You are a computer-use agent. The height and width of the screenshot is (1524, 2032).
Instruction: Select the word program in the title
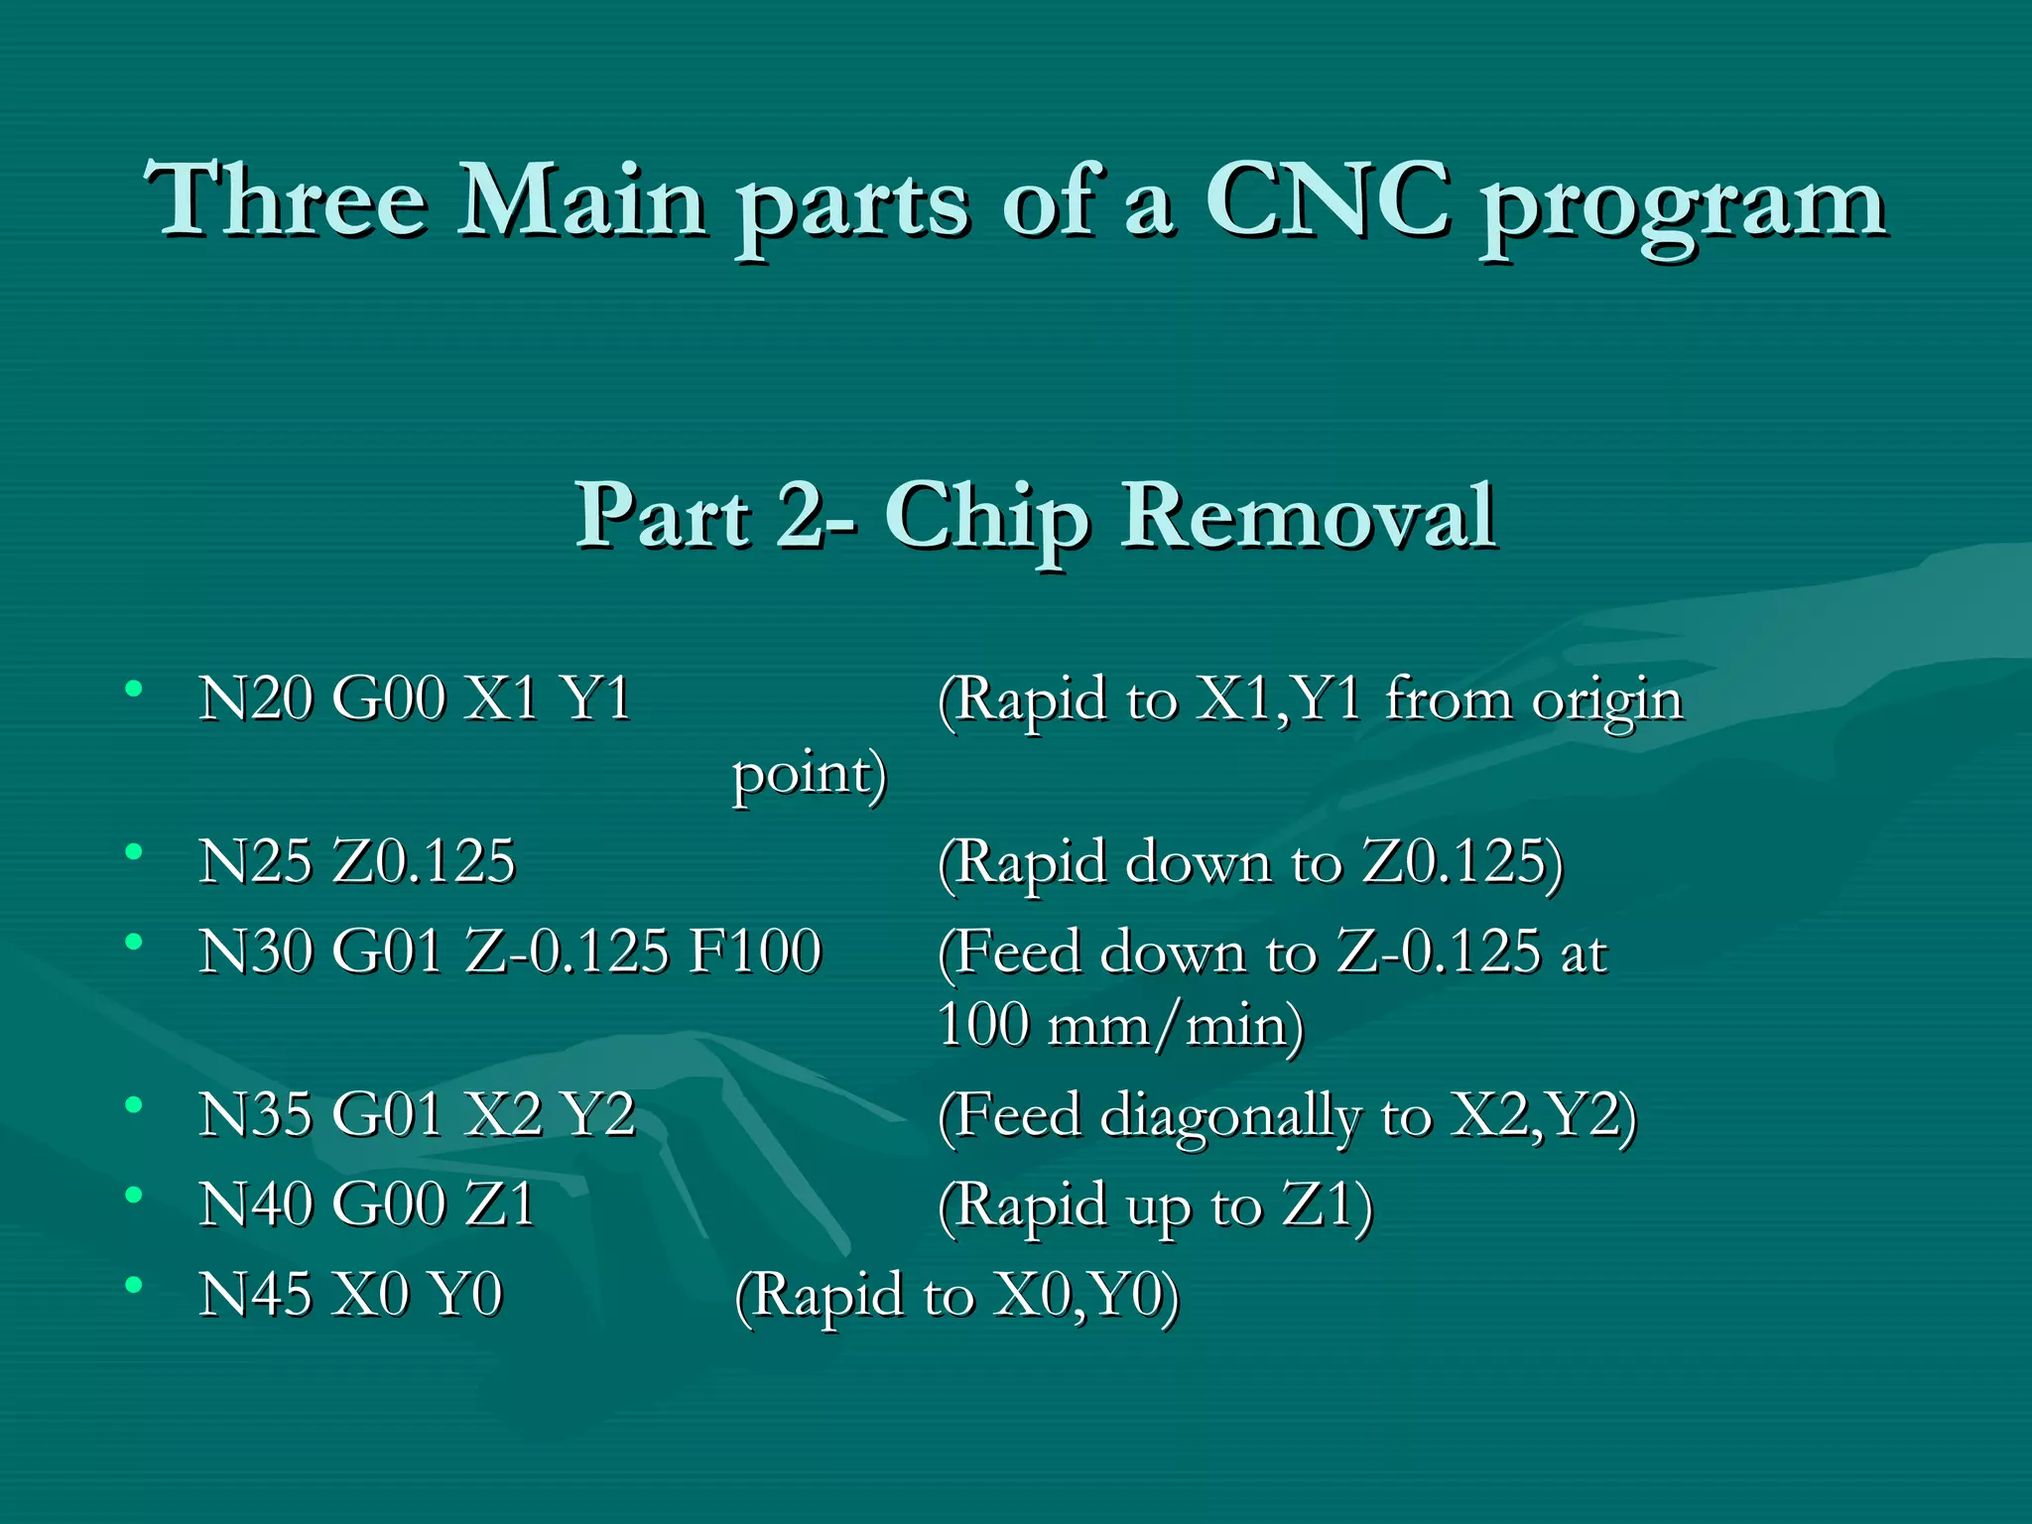pyautogui.click(x=1684, y=208)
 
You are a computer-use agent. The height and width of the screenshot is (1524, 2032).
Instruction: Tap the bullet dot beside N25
pyautogui.click(x=134, y=851)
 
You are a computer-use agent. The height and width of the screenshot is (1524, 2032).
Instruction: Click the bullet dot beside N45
pyautogui.click(x=134, y=1285)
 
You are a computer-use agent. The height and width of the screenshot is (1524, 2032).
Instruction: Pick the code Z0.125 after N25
pyautogui.click(x=424, y=860)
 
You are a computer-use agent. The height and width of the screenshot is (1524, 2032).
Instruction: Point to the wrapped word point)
pyautogui.click(x=809, y=775)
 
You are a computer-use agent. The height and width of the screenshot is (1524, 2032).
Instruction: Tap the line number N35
pyautogui.click(x=255, y=1113)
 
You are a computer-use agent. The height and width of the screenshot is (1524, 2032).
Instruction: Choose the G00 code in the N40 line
pyautogui.click(x=389, y=1204)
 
